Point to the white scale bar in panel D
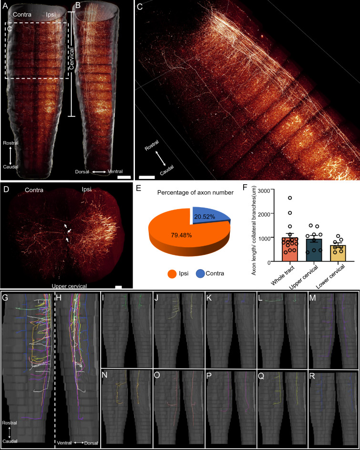pyautogui.click(x=119, y=287)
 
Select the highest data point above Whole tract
pyautogui.click(x=289, y=198)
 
